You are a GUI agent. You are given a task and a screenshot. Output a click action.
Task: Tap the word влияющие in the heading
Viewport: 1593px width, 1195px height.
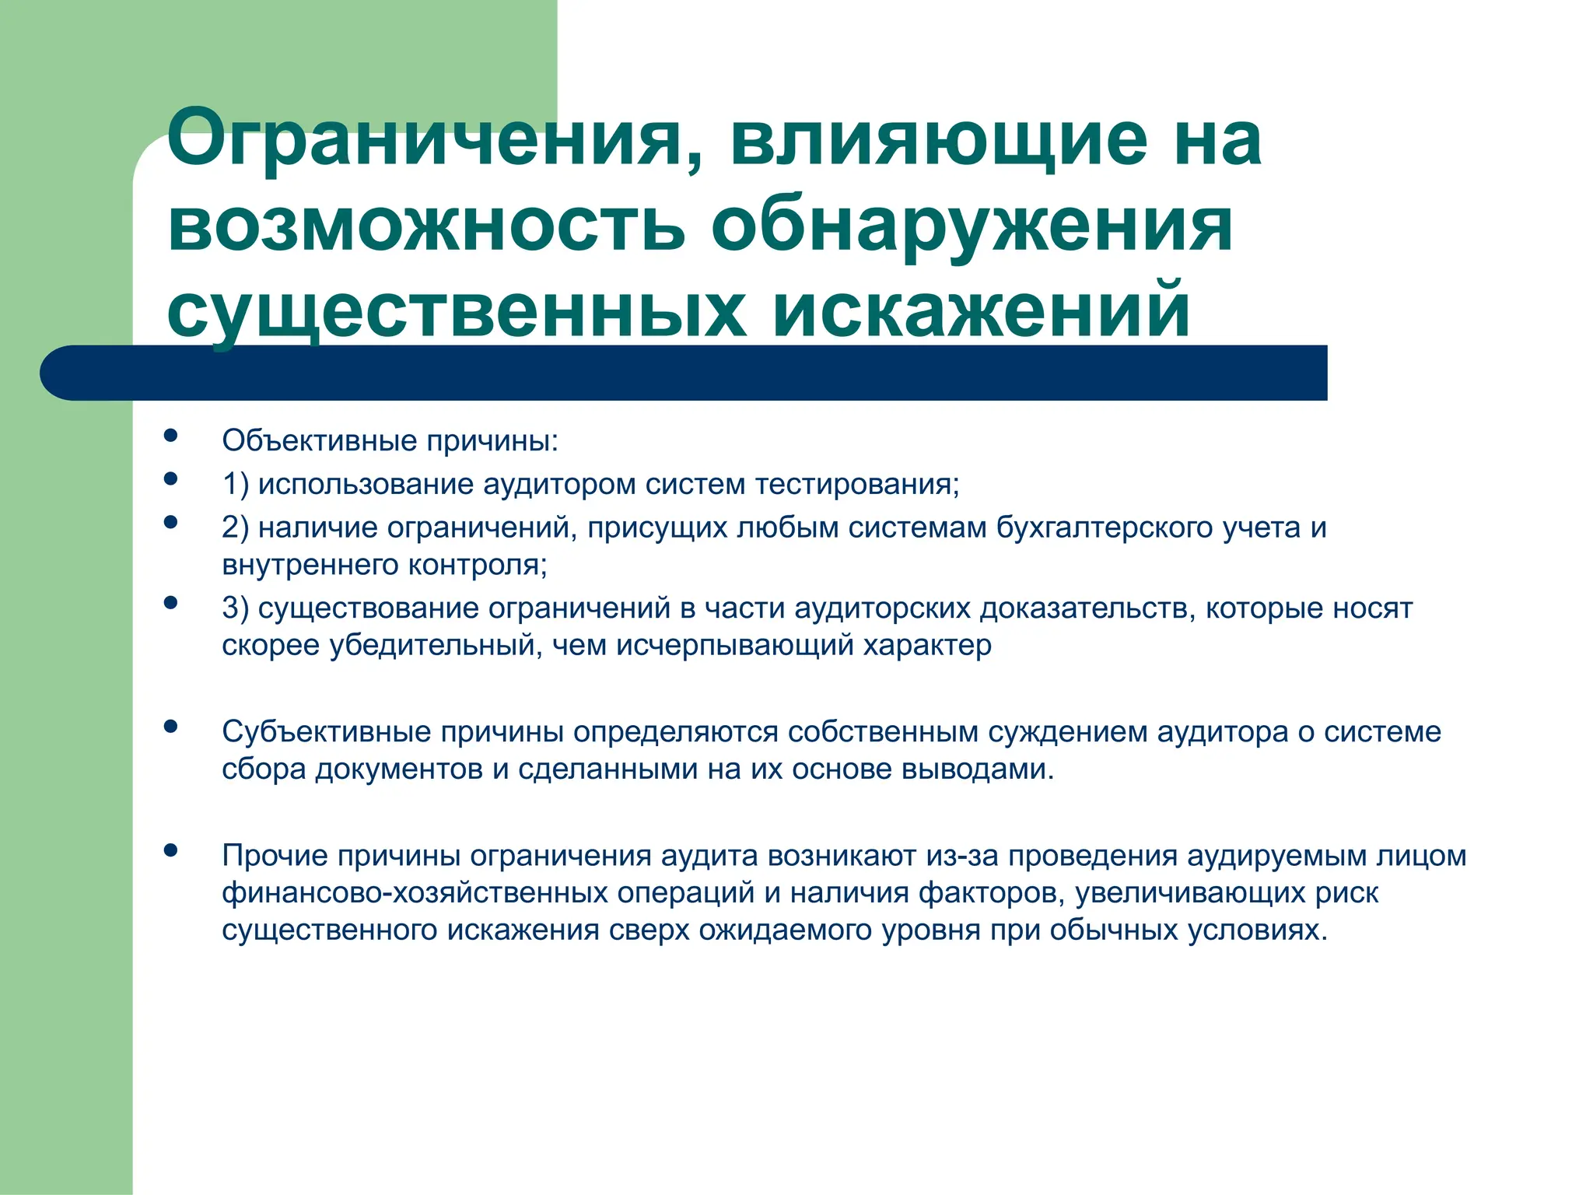[x=938, y=140]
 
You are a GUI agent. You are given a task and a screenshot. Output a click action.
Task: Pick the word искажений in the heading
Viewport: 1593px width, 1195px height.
[x=981, y=311]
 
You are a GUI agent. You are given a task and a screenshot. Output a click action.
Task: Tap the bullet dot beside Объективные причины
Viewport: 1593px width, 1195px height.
[x=170, y=436]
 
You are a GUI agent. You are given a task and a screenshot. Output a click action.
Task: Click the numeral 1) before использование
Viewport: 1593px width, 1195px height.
[x=236, y=484]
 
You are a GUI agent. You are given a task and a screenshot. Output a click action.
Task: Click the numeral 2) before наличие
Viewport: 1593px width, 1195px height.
[x=236, y=527]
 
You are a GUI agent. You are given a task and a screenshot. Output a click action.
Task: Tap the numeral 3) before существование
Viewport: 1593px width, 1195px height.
[x=236, y=608]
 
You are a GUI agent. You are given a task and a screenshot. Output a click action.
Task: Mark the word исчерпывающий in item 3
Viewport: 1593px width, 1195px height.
[x=735, y=645]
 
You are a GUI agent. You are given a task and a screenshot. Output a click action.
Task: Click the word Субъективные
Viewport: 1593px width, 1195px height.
[x=327, y=732]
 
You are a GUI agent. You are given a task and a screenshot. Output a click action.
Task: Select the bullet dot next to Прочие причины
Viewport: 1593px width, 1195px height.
[x=170, y=850]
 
